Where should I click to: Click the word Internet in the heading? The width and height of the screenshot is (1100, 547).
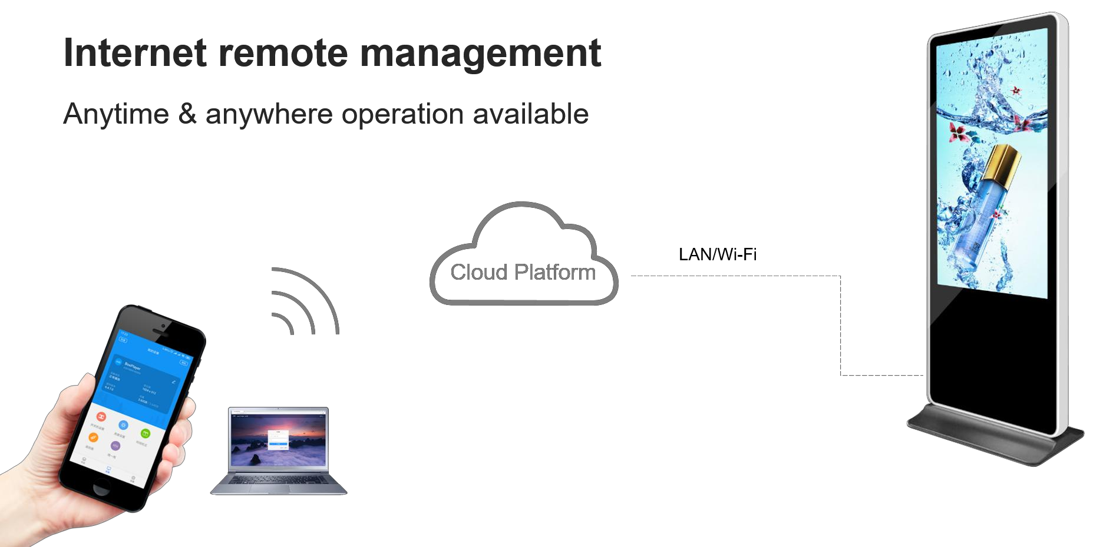point(134,52)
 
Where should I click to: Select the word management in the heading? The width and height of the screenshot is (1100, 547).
point(480,54)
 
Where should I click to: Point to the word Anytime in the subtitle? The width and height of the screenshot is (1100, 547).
point(116,113)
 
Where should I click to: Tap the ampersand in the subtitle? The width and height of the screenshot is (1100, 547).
point(187,113)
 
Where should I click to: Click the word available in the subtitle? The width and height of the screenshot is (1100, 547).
point(530,113)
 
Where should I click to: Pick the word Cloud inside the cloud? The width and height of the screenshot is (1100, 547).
point(478,272)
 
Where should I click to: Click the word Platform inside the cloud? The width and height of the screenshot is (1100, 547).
point(554,272)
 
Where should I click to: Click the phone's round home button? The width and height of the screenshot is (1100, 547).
point(101,488)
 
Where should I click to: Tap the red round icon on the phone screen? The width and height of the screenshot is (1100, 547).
point(101,416)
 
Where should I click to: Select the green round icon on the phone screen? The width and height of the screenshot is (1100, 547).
point(145,433)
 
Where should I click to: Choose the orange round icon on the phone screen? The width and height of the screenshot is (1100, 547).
point(93,437)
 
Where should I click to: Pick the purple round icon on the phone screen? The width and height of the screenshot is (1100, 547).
point(115,446)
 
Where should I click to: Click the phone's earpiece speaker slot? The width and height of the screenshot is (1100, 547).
point(160,333)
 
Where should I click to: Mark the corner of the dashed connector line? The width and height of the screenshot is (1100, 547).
point(840,276)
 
